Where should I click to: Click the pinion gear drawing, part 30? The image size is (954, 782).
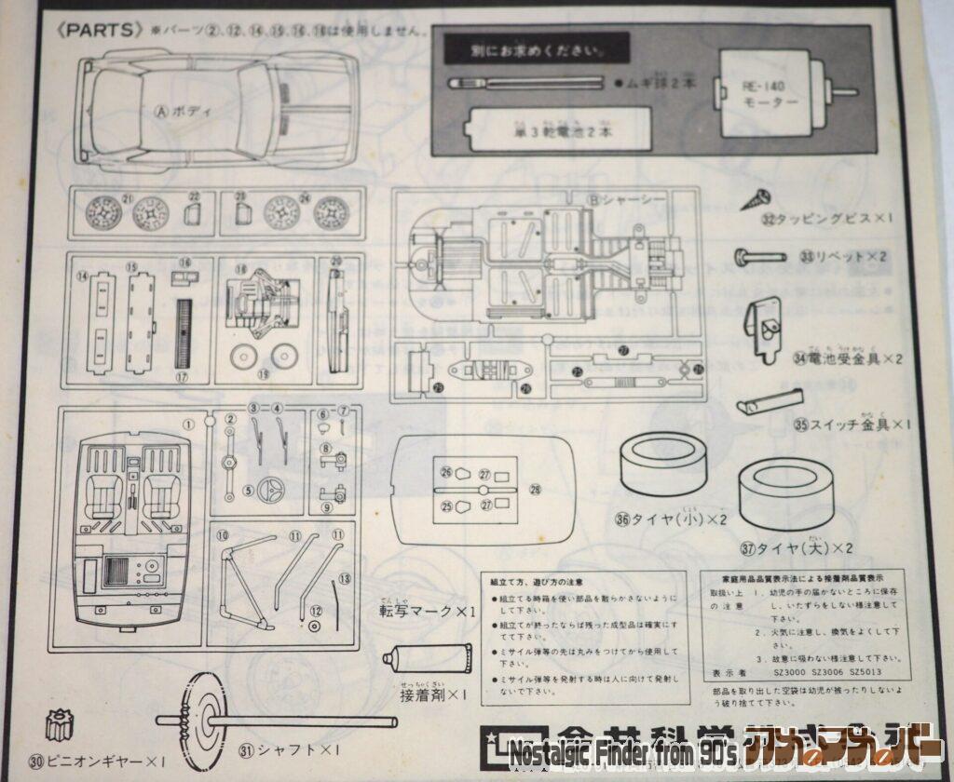(x=61, y=723)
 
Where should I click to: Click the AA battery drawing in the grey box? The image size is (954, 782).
(x=544, y=128)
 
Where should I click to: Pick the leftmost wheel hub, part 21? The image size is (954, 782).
(x=103, y=213)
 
